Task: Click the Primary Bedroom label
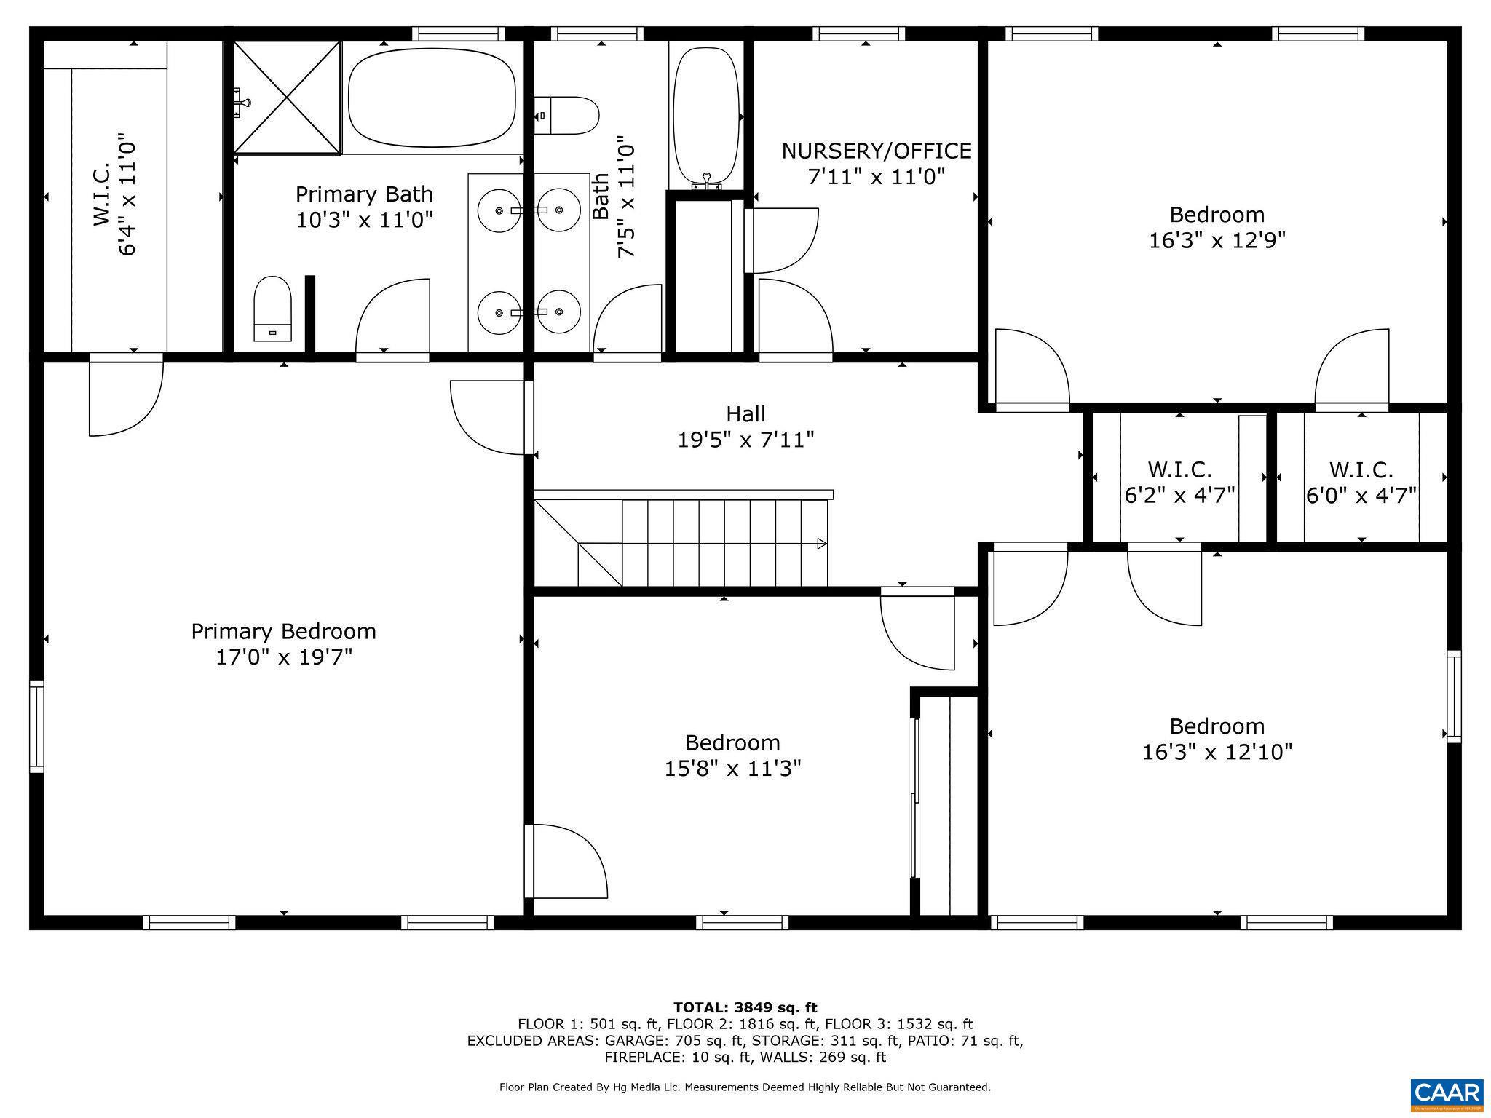[x=283, y=631]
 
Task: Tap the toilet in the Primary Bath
[x=272, y=307]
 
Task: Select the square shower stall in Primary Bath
[x=288, y=98]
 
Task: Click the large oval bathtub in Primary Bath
[x=432, y=98]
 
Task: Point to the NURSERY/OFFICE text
[x=876, y=151]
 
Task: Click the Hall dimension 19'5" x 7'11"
[x=745, y=440]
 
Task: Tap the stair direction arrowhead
[x=822, y=543]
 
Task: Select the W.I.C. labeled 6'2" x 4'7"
[x=1179, y=482]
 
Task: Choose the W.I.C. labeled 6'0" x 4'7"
[x=1361, y=482]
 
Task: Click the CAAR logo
[x=1447, y=1093]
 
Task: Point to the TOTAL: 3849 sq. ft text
[x=745, y=1007]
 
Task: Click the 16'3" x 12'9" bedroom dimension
[x=1217, y=240]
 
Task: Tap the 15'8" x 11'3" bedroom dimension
[x=732, y=769]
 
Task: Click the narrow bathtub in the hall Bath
[x=705, y=115]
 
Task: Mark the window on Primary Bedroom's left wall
[x=36, y=726]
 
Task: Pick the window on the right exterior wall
[x=1454, y=697]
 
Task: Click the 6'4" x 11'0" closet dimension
[x=127, y=194]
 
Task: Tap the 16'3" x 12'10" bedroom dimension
[x=1217, y=752]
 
